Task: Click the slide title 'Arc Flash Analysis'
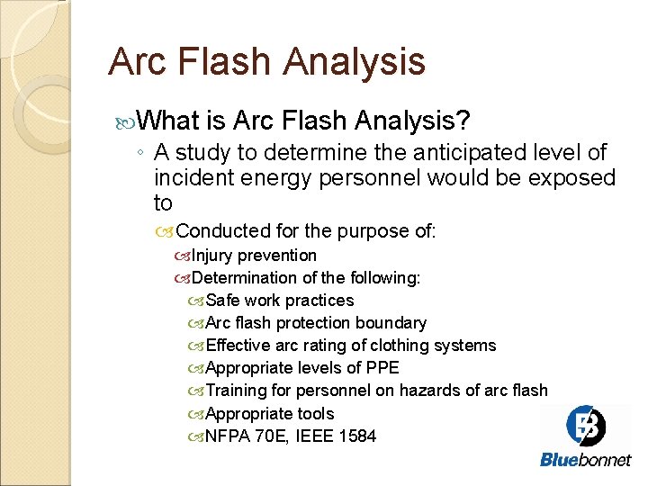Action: [266, 62]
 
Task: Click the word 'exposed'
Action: [573, 178]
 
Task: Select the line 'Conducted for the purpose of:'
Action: [306, 231]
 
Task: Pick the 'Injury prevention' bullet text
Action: [254, 256]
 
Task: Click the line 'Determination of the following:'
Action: [306, 278]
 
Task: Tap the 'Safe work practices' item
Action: [280, 301]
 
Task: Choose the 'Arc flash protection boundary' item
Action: [316, 323]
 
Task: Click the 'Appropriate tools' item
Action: [270, 414]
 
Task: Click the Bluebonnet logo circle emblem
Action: [586, 425]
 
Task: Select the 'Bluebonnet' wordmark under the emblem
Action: [586, 460]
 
